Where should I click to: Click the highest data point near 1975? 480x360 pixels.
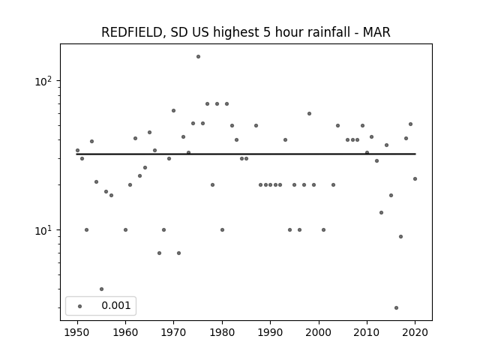tap(198, 57)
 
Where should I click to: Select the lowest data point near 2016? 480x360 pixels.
tap(397, 308)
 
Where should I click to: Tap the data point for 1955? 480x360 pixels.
tap(102, 289)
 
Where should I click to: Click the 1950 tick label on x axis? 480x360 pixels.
tap(77, 332)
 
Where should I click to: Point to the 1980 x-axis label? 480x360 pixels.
tap(222, 332)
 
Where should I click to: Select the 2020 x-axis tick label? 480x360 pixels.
tap(415, 332)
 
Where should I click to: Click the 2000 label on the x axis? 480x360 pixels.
tap(319, 332)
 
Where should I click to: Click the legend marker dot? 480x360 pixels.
tap(80, 307)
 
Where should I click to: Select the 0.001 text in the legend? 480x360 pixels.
tap(116, 305)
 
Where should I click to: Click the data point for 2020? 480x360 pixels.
tap(415, 179)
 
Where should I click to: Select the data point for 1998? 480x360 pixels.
tap(310, 114)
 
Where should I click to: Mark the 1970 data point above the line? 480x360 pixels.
tap(173, 111)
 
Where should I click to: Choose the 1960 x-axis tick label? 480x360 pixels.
tap(125, 332)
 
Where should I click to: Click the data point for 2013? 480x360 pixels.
tap(382, 213)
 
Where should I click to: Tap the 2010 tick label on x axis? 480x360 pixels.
tap(367, 332)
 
